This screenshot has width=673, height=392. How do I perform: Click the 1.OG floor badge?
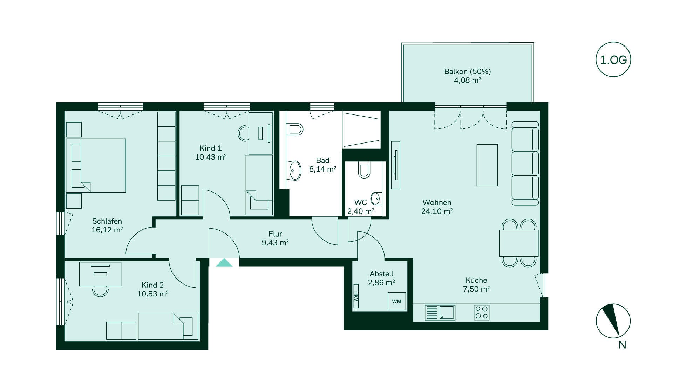coord(613,59)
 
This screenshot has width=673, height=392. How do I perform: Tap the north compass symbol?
coord(613,321)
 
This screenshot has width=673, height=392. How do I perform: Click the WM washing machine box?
coord(396,301)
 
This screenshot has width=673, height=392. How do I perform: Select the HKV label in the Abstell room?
coord(356,296)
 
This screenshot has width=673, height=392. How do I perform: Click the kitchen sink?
coord(440,313)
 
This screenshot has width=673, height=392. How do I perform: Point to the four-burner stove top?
coord(481,313)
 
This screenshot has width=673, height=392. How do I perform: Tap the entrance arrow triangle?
coord(224,262)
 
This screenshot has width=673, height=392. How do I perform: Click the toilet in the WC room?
coord(364,170)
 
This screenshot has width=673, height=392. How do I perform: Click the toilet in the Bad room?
coord(294,129)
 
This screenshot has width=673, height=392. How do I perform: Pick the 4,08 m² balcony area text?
coord(467,80)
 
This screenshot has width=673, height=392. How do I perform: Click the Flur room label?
coord(275,234)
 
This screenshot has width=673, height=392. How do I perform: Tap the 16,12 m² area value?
coord(107,230)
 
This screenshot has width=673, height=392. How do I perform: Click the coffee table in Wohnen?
coord(487,165)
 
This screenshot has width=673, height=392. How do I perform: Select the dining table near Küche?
coord(519,243)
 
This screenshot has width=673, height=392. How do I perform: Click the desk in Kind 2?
coord(100,274)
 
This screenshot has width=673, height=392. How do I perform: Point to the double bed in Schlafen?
coord(96,165)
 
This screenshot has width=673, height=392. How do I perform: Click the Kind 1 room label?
coord(210,148)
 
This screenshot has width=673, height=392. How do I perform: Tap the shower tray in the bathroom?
coord(361,129)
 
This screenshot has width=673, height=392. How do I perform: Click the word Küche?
coord(476,280)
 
